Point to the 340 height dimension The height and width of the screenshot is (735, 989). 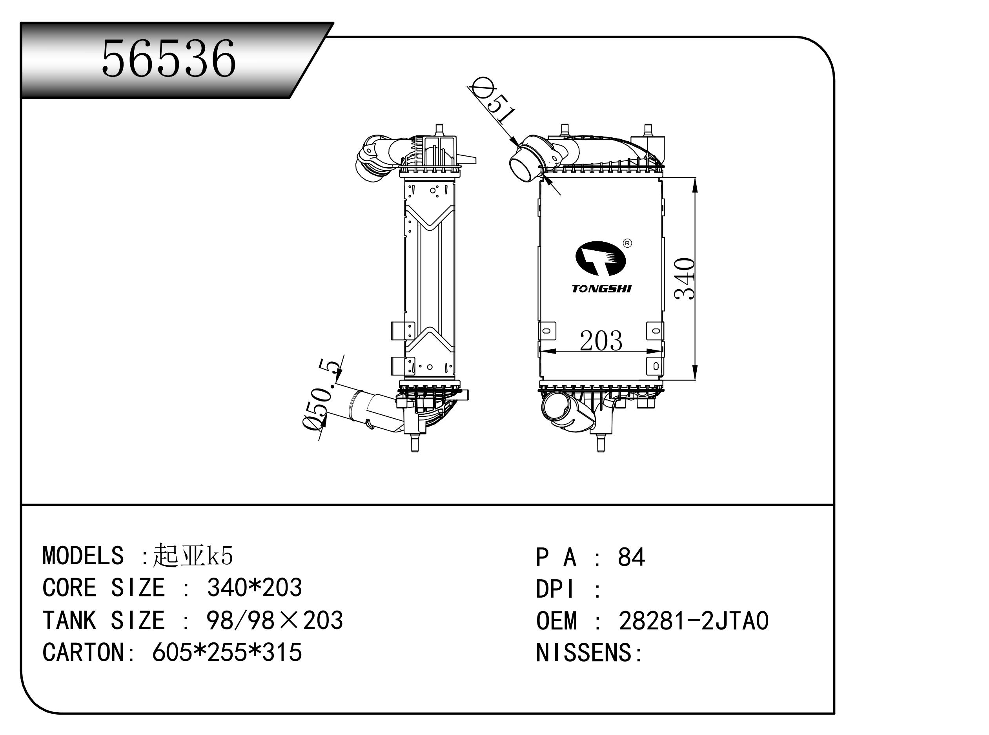point(685,279)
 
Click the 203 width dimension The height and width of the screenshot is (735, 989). point(601,341)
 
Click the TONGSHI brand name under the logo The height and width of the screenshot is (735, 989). point(601,289)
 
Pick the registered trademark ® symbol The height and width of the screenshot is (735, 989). point(627,243)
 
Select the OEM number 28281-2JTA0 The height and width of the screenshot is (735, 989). point(694,621)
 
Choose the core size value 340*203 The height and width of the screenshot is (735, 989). point(254,588)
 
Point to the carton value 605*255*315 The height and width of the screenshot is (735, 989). point(227,653)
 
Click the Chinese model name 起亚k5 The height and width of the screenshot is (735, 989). point(193,556)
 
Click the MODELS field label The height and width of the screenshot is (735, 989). point(83,556)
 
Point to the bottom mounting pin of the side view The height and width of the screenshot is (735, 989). point(414,443)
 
